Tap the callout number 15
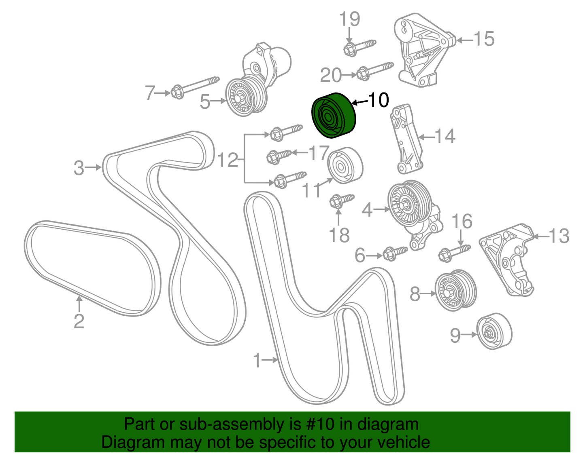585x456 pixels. [484, 39]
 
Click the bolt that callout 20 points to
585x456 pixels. [374, 70]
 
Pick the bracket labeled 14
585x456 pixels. [407, 139]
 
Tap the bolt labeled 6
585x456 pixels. [394, 253]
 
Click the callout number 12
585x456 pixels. [228, 160]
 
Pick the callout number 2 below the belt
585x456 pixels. [79, 321]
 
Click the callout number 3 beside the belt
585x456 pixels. [79, 167]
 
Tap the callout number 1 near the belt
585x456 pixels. [257, 360]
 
